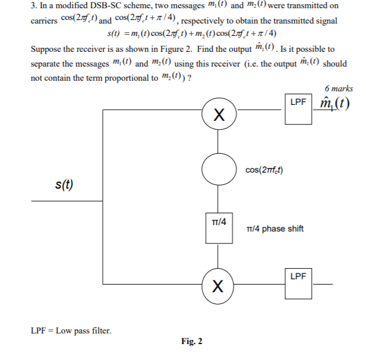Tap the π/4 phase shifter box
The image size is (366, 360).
coord(219,227)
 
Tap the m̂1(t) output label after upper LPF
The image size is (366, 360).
coord(334,105)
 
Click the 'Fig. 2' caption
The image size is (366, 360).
coord(192,342)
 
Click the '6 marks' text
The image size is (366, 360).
coord(338,88)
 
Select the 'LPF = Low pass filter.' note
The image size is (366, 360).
coord(70,331)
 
